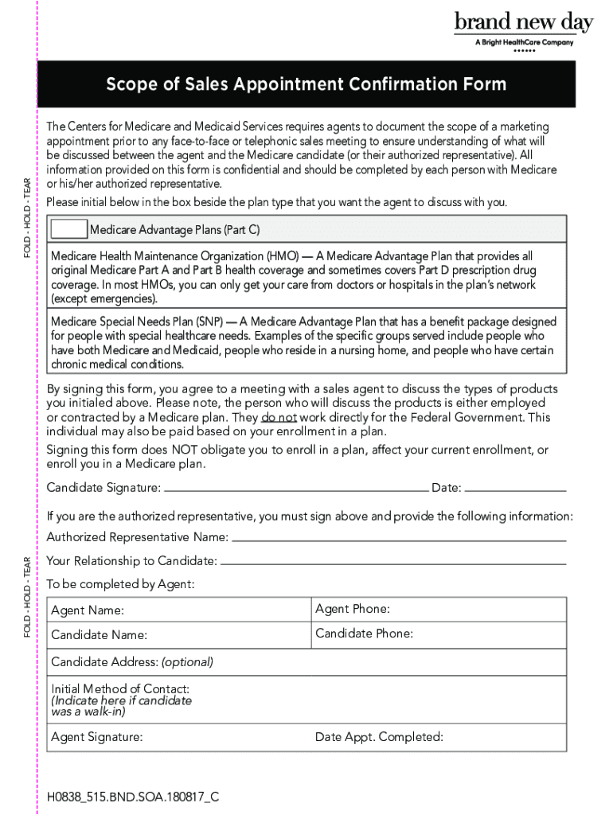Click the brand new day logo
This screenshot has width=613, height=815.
523,23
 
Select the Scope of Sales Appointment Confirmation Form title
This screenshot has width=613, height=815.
307,84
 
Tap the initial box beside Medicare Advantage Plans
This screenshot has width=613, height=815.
69,230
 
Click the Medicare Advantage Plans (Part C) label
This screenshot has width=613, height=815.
174,231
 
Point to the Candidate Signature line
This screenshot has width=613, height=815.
295,488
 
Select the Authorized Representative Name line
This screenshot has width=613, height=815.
399,538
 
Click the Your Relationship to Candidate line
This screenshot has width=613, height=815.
393,562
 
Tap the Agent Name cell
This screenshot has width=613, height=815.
178,610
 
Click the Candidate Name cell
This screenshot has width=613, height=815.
178,635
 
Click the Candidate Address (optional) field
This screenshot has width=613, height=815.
307,662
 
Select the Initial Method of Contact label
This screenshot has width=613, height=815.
120,688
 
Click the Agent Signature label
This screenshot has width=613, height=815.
97,737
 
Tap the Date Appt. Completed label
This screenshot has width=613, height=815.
379,737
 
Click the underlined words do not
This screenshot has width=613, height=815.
279,417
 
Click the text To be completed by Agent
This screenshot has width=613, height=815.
120,585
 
